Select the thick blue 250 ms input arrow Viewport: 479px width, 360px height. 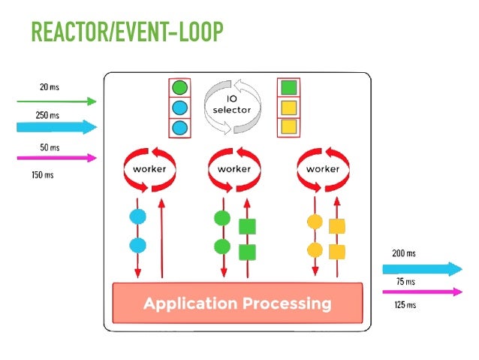57,127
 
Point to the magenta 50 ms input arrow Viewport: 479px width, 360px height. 57,158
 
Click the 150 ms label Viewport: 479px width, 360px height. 43,174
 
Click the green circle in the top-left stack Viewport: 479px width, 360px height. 179,88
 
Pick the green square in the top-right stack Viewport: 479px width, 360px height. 288,88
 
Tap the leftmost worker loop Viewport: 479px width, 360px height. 149,169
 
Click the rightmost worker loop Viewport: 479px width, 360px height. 323,169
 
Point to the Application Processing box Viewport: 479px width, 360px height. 237,304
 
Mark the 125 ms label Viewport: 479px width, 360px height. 405,304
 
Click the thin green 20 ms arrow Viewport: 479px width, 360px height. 57,101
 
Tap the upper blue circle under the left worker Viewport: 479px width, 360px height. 137,217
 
